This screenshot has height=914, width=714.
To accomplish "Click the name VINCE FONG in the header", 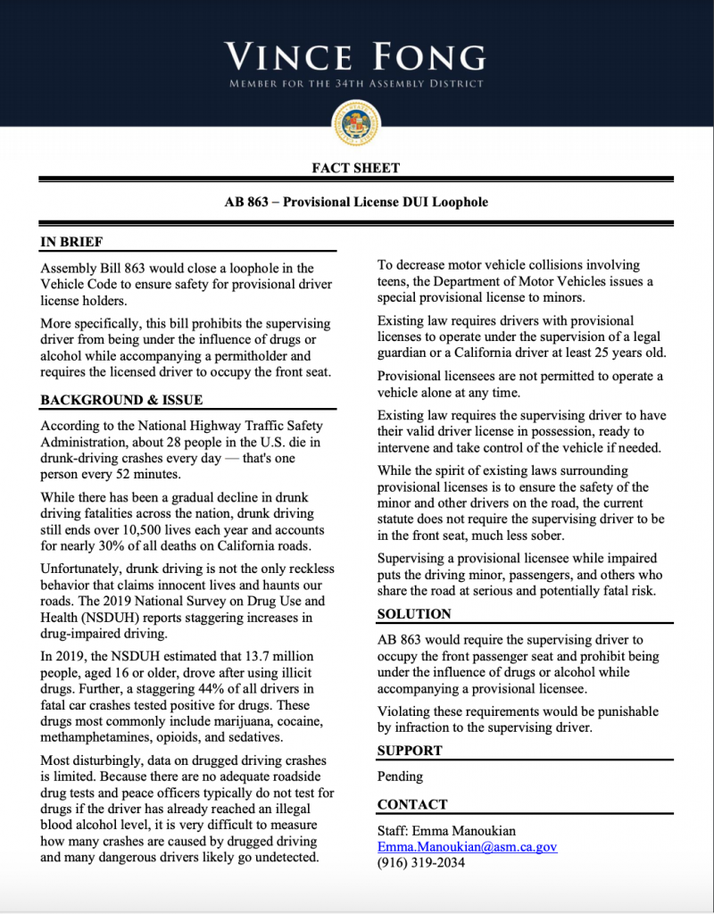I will pos(356,57).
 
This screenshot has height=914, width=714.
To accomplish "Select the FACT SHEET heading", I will pos(356,168).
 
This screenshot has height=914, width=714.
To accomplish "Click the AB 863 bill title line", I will pos(356,202).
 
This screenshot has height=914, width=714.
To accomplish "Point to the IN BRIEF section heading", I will pos(71,242).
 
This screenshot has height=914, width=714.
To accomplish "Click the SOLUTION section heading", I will pos(414,614).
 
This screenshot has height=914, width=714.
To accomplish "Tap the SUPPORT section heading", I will pos(411,750).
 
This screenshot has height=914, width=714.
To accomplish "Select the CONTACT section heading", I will pos(412,804).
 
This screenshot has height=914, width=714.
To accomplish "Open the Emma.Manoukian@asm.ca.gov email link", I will pos(467,846).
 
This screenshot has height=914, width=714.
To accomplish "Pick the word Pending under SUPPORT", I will pos(400,777).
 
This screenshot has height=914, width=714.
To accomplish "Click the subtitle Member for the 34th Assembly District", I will pos(356,84).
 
